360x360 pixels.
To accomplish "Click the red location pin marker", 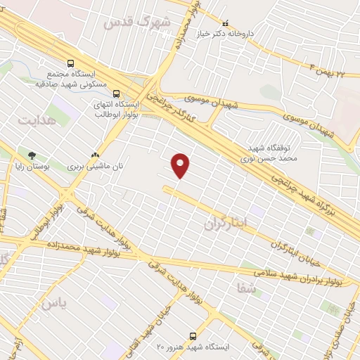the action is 181,165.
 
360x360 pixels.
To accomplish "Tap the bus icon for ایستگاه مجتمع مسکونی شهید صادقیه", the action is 70,63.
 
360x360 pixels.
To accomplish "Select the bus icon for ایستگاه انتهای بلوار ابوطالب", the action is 116,92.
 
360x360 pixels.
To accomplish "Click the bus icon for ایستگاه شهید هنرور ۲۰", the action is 193,336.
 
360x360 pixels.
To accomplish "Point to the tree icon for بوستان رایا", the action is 31,155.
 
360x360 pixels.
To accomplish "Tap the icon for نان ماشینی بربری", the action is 95,155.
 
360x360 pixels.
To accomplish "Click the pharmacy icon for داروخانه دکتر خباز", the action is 224,22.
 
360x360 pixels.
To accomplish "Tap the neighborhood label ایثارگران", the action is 226,224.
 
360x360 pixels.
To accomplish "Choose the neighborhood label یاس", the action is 53,303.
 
